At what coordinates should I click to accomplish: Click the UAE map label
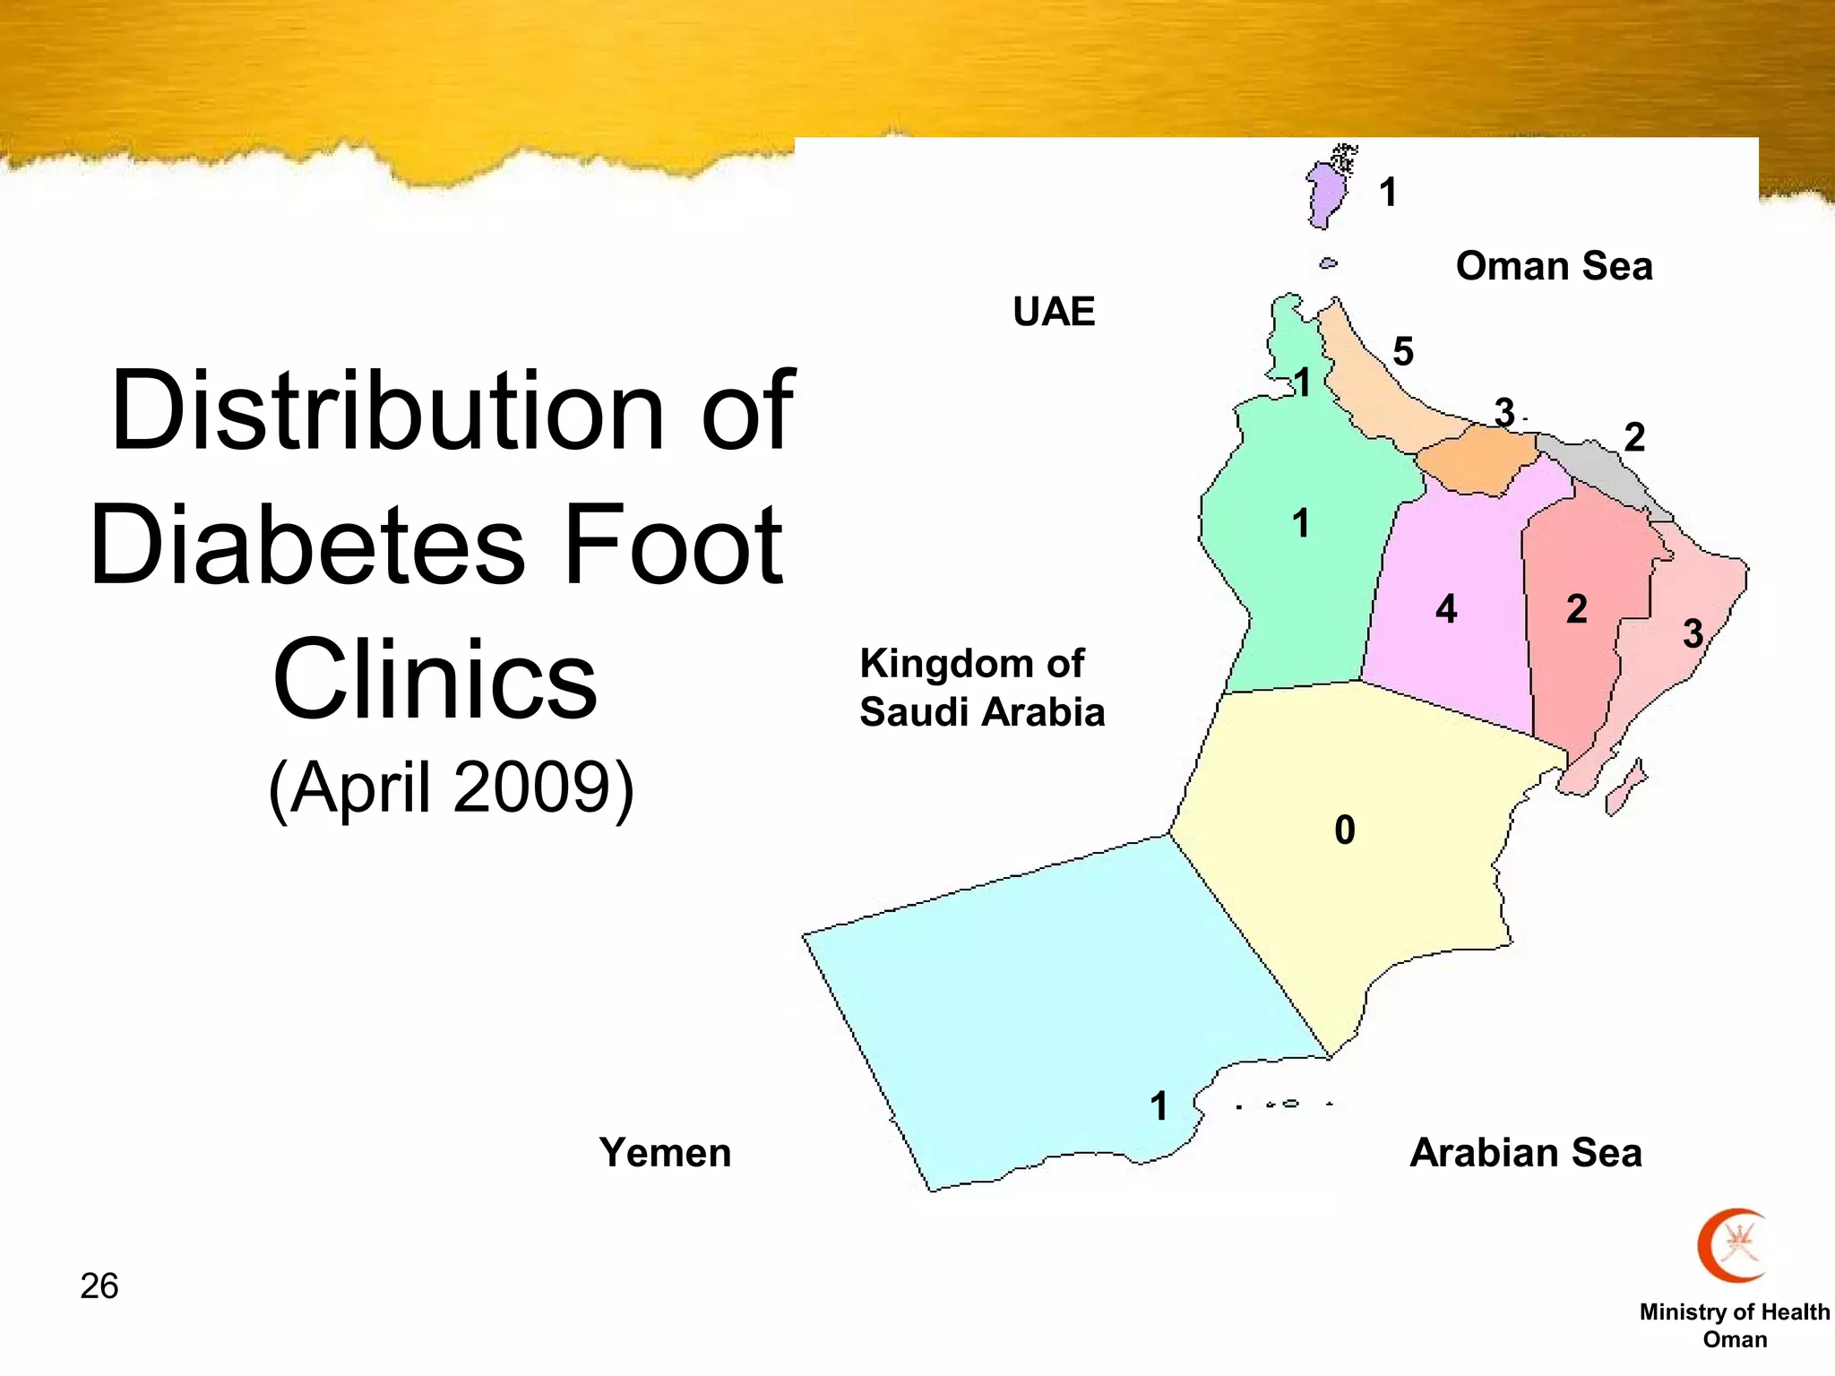[x=1054, y=312]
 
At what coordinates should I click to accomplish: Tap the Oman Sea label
[x=1554, y=266]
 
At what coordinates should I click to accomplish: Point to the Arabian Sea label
[x=1526, y=1152]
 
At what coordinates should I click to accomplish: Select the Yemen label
[x=665, y=1152]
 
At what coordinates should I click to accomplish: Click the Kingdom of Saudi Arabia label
[x=981, y=688]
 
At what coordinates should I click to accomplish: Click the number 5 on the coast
[x=1403, y=351]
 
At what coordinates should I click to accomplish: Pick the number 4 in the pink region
[x=1446, y=609]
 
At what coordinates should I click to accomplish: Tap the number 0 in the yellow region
[x=1344, y=830]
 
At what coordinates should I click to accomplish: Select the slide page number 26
[x=99, y=1286]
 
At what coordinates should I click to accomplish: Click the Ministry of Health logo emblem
[x=1733, y=1245]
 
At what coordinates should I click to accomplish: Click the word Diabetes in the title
[x=307, y=545]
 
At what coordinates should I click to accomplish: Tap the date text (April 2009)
[x=451, y=787]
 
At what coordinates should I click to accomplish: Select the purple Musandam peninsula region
[x=1322, y=193]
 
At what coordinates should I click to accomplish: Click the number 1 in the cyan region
[x=1159, y=1106]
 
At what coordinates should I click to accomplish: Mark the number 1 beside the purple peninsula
[x=1388, y=192]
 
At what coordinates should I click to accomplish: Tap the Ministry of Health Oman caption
[x=1735, y=1325]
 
